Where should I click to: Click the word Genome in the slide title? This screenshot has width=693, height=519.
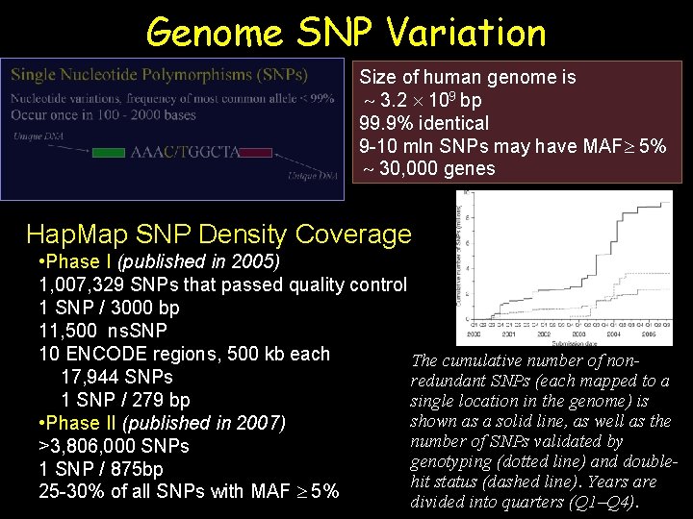[214, 33]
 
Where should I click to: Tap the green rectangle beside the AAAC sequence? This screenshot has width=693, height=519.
[109, 152]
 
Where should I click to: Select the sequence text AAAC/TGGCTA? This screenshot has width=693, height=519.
[185, 152]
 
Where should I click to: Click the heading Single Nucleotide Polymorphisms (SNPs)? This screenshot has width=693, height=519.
[160, 75]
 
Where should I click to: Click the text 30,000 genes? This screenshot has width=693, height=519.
[438, 168]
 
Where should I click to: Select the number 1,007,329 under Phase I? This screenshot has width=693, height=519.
[82, 284]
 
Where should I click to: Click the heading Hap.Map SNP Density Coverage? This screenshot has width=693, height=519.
[218, 235]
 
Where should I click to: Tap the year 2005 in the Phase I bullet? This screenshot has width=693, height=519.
[254, 261]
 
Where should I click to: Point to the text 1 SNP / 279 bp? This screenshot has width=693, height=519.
[125, 400]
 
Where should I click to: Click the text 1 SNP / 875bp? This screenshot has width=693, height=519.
[101, 469]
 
